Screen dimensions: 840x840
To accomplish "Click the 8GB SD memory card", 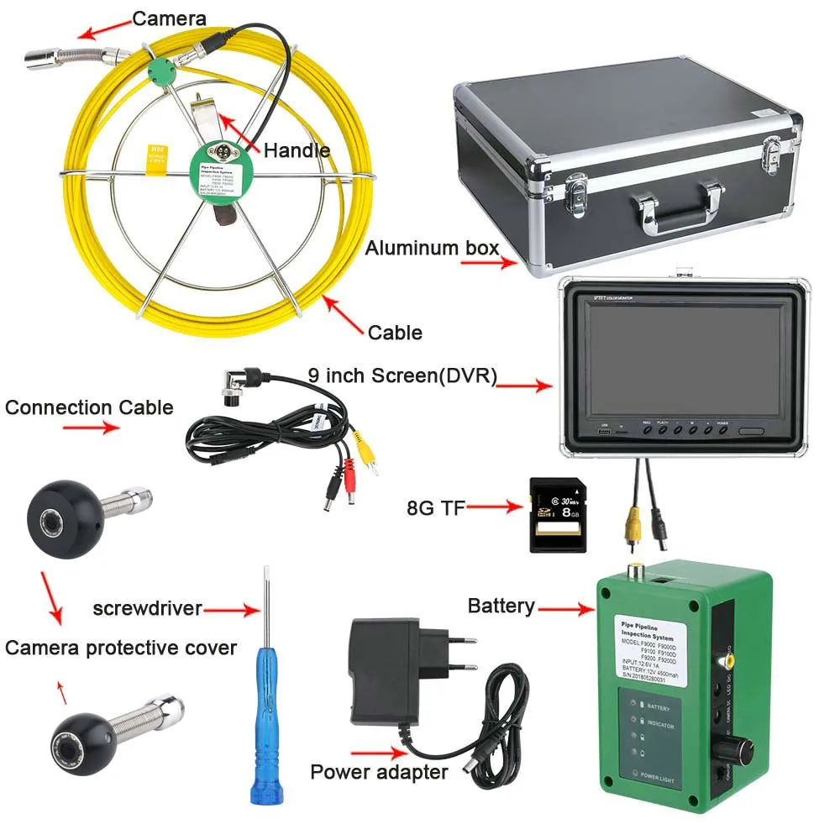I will click(x=556, y=514).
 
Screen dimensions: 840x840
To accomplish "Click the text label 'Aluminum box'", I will click(x=432, y=248).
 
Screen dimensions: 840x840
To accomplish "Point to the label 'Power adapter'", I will click(x=379, y=771).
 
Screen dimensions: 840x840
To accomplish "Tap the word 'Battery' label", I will click(x=501, y=606).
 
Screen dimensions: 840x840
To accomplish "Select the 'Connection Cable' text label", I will click(x=89, y=408).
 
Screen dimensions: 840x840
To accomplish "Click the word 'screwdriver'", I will click(x=148, y=607).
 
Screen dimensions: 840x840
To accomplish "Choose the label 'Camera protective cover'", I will click(x=121, y=648).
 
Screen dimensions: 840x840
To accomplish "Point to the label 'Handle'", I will click(x=297, y=150).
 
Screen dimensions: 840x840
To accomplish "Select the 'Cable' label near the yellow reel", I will click(x=395, y=333).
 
